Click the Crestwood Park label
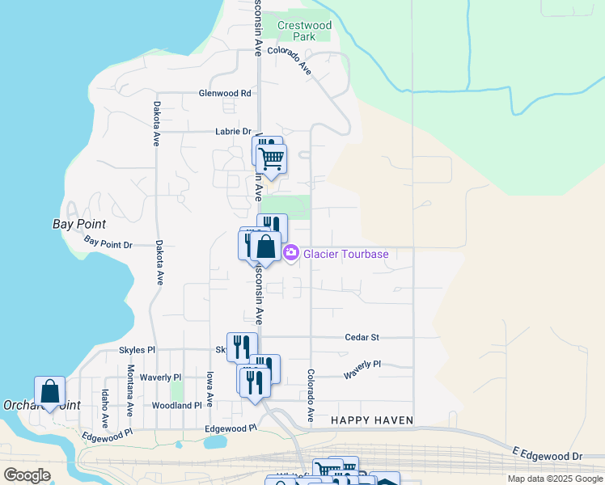click(x=304, y=31)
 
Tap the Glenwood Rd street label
click(x=225, y=94)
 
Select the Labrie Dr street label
click(x=234, y=132)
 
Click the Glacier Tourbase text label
click(x=346, y=255)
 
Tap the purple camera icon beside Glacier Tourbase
click(x=291, y=254)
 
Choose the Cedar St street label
click(x=362, y=337)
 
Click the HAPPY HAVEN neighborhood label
click(x=372, y=421)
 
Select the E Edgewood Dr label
click(x=547, y=453)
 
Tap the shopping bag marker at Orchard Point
click(x=50, y=391)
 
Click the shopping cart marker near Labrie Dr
click(x=272, y=158)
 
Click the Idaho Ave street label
click(x=105, y=409)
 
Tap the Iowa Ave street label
click(x=209, y=389)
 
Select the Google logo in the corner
click(x=27, y=475)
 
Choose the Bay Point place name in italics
click(x=79, y=224)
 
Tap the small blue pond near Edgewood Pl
click(x=215, y=442)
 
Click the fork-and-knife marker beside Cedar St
click(x=242, y=348)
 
